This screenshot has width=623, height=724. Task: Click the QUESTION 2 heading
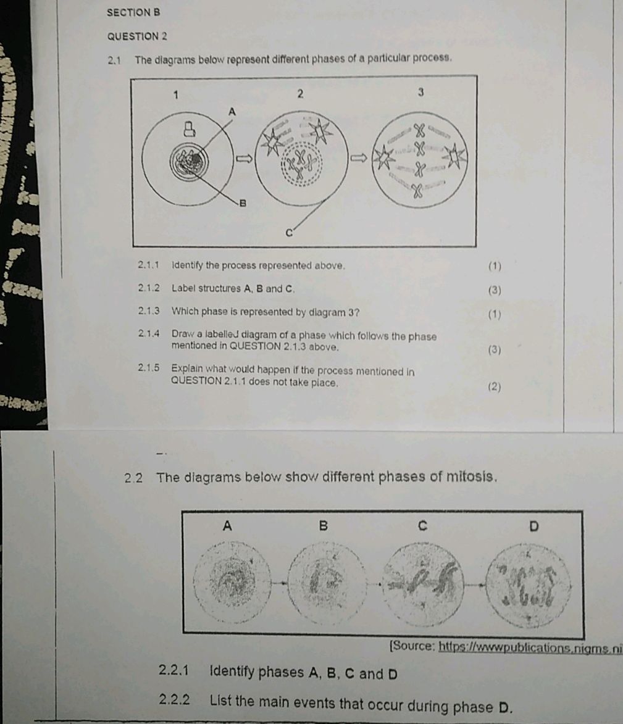[137, 36]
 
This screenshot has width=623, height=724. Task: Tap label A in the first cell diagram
[232, 112]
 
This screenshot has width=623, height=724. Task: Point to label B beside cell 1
[243, 202]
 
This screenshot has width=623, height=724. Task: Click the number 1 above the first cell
[176, 94]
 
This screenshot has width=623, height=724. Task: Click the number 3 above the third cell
[420, 93]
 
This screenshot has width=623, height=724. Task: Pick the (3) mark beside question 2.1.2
[495, 290]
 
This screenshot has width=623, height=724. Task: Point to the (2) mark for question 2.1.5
[494, 387]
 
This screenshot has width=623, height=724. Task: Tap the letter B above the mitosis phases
[322, 526]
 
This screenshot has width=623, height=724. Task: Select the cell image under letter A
[228, 581]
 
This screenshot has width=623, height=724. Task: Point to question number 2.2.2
[174, 700]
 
